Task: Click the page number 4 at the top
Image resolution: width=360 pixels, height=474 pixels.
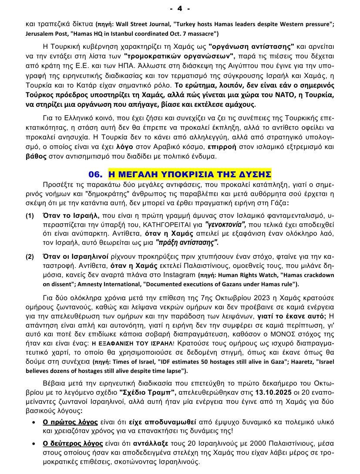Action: pyautogui.click(x=180, y=8)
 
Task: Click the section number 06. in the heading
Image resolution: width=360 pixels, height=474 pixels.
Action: pyautogui.click(x=95, y=175)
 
